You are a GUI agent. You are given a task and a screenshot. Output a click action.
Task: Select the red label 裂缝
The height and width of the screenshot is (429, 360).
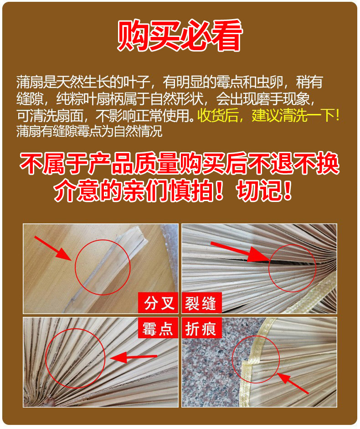201,303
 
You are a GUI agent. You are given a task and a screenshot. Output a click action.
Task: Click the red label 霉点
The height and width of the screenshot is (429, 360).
157,328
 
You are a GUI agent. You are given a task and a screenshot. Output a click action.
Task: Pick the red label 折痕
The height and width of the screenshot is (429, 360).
201,328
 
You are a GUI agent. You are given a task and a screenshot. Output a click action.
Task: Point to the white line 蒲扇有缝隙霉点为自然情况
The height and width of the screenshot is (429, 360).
89,131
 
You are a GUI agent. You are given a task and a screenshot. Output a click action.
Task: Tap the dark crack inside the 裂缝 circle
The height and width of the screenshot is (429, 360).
283,264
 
